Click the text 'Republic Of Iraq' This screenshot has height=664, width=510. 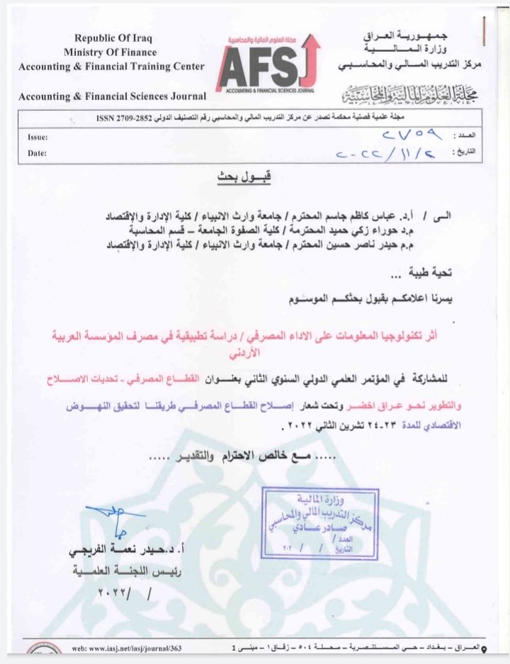113,38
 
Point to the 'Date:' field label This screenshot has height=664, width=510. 37,152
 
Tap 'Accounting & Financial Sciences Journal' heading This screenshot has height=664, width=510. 113,96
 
